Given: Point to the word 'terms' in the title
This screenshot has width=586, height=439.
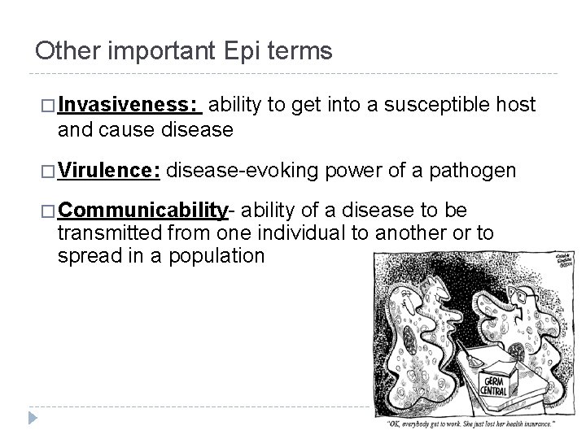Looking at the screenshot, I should tap(298, 51).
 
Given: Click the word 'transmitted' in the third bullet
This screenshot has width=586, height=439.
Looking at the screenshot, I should tap(112, 233).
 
